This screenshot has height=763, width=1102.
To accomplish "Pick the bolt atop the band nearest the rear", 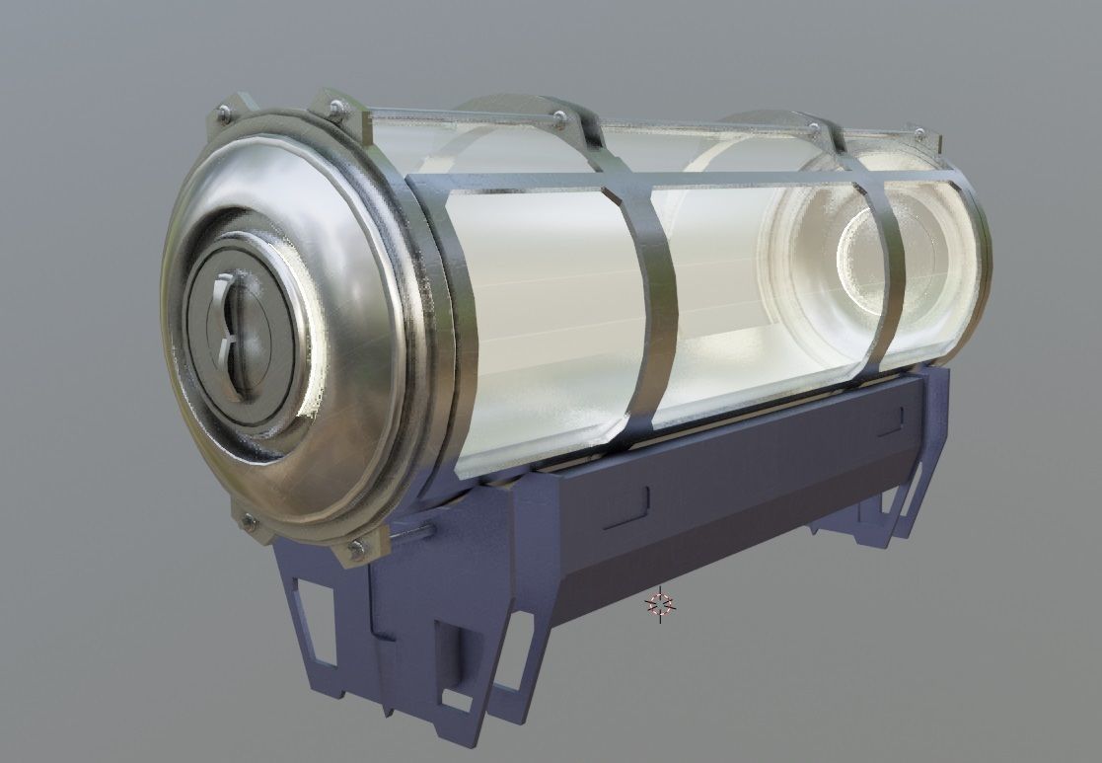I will pyautogui.click(x=815, y=128).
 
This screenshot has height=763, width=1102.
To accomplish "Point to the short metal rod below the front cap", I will pyautogui.click(x=412, y=534).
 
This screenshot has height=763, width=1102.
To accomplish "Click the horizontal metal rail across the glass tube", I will pyautogui.click(x=691, y=182).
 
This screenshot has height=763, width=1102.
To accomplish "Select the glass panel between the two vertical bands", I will pyautogui.click(x=760, y=296).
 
